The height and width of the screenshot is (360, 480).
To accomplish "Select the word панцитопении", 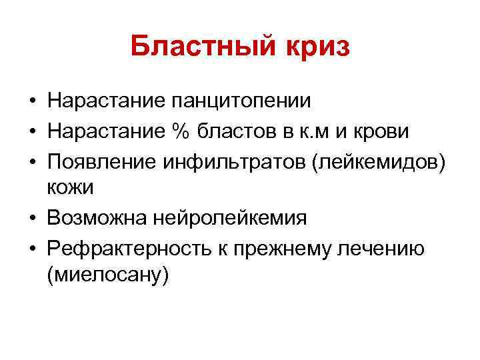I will [242, 101].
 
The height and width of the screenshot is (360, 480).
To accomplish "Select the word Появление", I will [99, 161].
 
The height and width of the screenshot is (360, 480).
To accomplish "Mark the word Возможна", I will [97, 217].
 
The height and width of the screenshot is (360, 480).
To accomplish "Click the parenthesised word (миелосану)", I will [109, 274].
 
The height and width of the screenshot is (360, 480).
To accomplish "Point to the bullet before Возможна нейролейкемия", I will [32, 217].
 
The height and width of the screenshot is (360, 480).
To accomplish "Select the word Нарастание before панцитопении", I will [105, 101].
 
